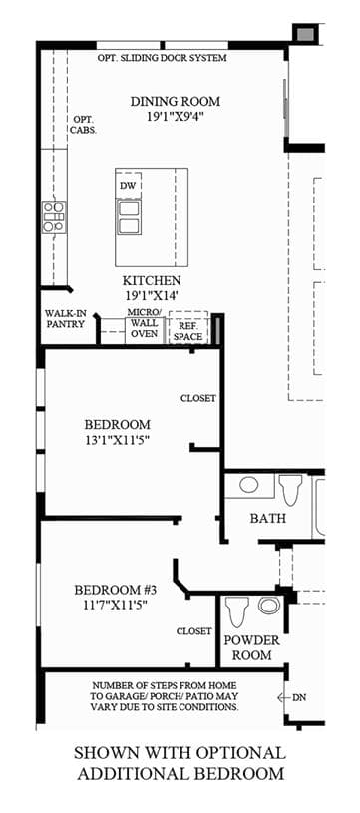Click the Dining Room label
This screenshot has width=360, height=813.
tap(175, 101)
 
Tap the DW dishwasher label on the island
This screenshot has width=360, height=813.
tap(128, 186)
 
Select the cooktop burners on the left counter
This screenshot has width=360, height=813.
tap(54, 217)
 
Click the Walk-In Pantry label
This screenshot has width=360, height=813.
tap(65, 319)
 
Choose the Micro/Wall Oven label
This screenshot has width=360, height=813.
tap(144, 323)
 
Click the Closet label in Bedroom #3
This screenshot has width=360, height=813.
tap(194, 631)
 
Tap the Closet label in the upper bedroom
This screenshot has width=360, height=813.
tap(198, 398)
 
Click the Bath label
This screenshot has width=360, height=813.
tap(268, 518)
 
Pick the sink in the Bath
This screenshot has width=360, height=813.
tap(249, 485)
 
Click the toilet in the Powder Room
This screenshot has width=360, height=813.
tap(238, 610)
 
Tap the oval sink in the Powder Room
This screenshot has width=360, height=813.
tap(268, 605)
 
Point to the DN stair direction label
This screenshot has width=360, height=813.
tap(299, 698)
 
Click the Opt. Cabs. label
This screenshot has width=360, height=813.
tap(83, 124)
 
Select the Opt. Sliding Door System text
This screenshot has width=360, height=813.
tap(163, 58)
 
